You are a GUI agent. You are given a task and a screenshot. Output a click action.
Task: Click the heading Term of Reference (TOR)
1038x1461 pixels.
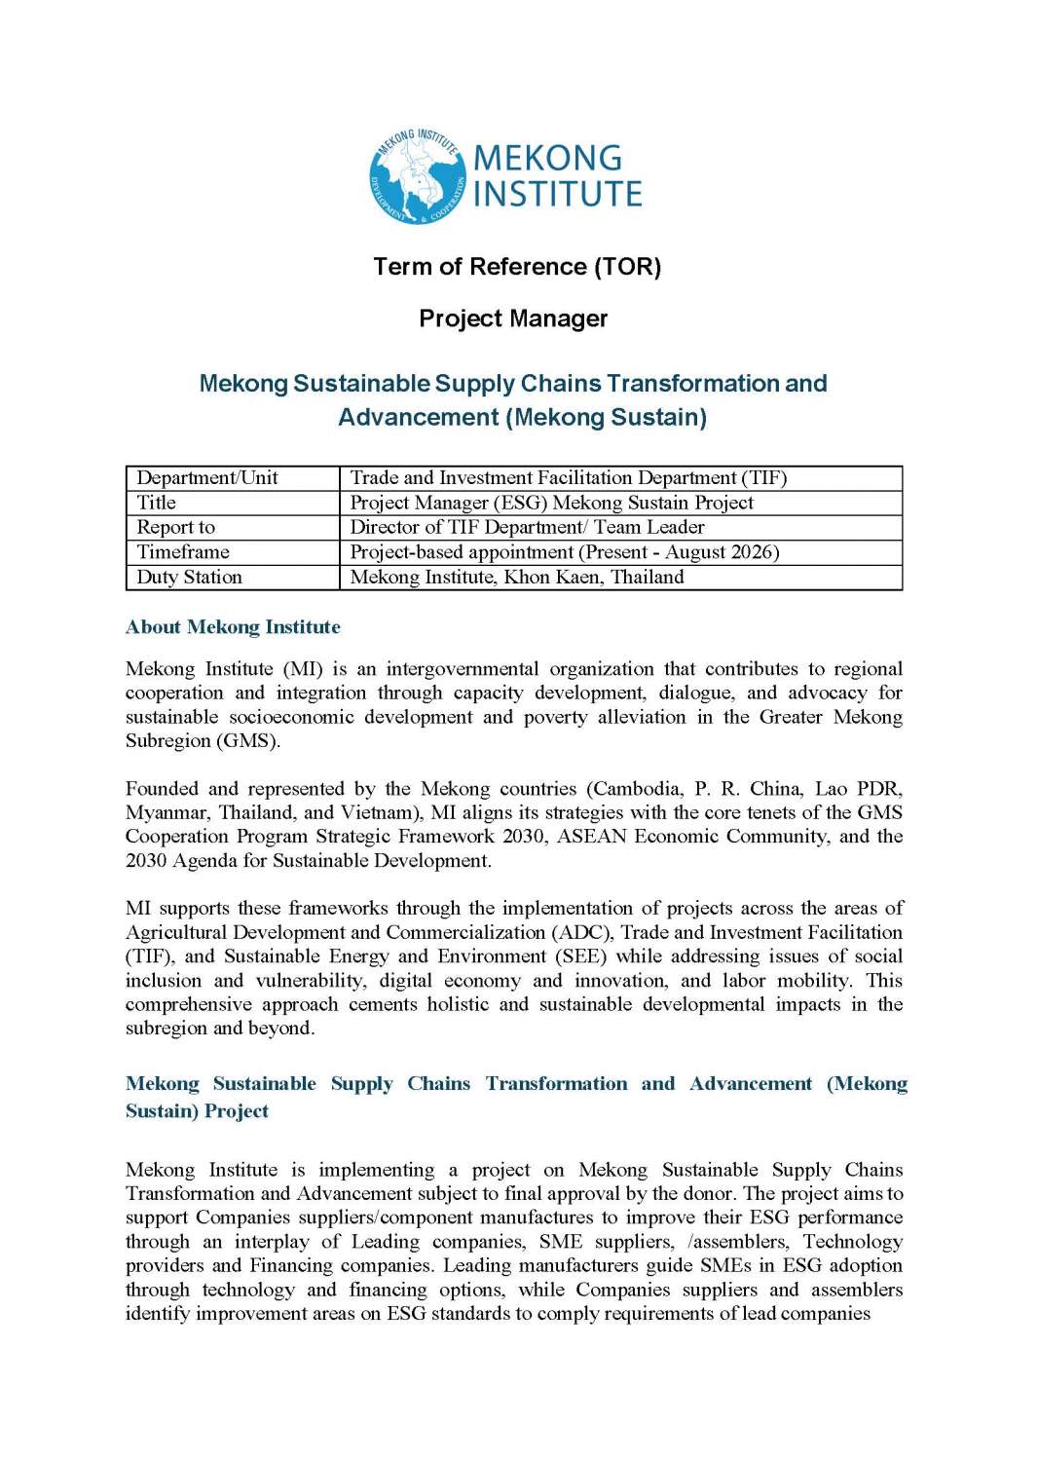(517, 267)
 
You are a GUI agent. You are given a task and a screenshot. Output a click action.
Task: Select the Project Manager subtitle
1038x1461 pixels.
(513, 318)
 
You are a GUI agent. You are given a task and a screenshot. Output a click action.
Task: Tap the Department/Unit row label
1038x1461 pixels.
(207, 477)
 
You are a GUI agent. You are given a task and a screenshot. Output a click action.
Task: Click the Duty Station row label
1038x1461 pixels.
(189, 577)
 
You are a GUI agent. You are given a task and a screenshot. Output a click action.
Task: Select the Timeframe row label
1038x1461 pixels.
(183, 551)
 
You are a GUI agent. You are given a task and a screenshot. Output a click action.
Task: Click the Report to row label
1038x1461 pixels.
(176, 527)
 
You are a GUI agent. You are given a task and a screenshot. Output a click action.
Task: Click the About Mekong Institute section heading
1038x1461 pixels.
(233, 627)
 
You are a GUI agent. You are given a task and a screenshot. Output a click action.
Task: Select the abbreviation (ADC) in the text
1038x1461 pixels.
(582, 932)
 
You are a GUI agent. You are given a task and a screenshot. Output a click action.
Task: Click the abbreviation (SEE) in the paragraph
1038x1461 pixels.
(581, 956)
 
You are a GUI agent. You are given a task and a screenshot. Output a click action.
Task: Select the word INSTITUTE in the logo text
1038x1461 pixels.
(557, 194)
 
